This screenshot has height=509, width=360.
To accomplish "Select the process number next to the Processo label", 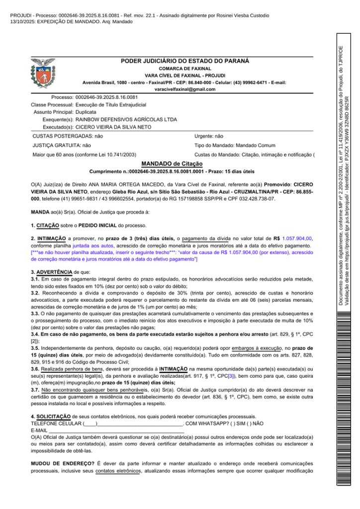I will click(106, 97).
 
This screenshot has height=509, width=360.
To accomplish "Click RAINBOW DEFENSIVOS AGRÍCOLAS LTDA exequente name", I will click(126, 120).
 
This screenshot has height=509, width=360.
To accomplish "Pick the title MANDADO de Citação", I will click(172, 164).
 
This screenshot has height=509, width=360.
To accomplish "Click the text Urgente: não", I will click(209, 136).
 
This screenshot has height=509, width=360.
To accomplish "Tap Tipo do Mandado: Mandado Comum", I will click(235, 145).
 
